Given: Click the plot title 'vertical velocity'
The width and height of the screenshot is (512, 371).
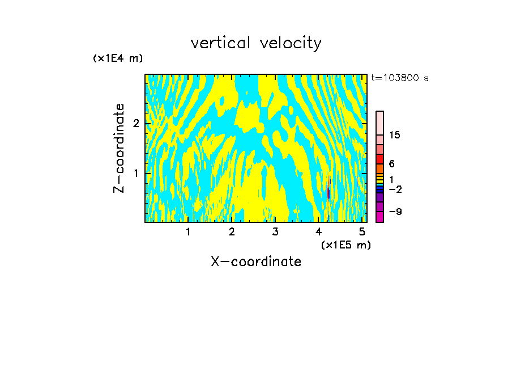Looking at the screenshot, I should tap(256, 43).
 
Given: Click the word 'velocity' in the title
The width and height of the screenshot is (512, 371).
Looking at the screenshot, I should tap(289, 43).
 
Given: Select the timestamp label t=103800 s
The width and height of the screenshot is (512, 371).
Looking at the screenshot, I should tap(399, 78).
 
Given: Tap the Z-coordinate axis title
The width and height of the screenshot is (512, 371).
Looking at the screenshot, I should tap(119, 148).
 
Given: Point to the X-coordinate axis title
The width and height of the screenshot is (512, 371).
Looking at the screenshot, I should tap(256, 262).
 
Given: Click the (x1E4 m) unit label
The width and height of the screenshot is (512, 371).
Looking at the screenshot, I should tap(118, 58).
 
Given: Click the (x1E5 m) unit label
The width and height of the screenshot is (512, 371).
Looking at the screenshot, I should tap(345, 244).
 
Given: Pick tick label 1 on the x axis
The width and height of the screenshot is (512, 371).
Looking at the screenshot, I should tap(188, 231).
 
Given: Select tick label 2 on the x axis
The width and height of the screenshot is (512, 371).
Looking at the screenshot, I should tap(232, 231).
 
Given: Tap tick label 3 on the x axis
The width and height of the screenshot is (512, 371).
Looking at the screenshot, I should tap(275, 231).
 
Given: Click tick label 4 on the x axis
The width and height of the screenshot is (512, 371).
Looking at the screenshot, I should tap(319, 231).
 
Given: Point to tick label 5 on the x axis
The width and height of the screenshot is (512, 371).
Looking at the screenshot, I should tap(362, 231).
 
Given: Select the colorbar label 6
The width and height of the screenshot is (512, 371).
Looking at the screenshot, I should tap(391, 163).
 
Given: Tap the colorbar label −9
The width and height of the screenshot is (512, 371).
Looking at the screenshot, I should tap(394, 212).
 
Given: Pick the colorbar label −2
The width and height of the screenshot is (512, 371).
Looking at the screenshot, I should tap(394, 189).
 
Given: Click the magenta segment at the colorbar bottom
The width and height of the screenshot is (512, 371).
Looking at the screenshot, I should tap(379, 217).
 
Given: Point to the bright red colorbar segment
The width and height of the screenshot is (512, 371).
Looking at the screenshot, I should tap(379, 158).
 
